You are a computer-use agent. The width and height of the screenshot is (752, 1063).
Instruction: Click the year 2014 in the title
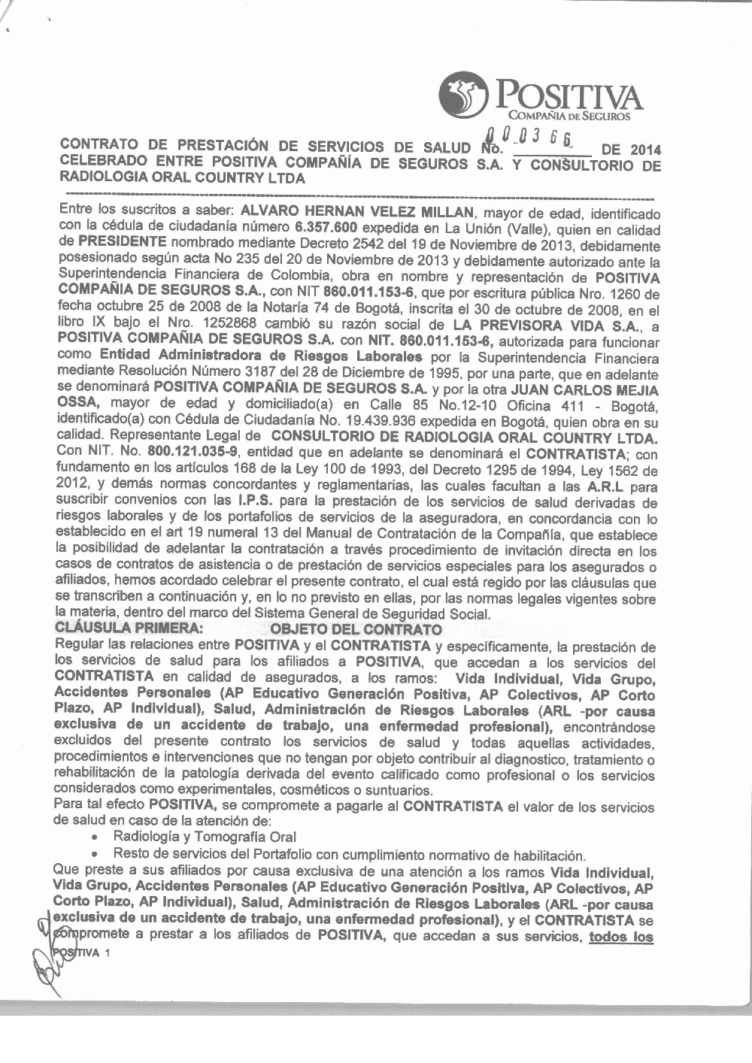pos(645,149)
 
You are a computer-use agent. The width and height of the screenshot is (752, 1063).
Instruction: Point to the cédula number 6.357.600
pos(326,229)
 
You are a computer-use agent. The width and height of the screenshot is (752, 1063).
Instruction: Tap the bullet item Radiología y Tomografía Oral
pos(204,837)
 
